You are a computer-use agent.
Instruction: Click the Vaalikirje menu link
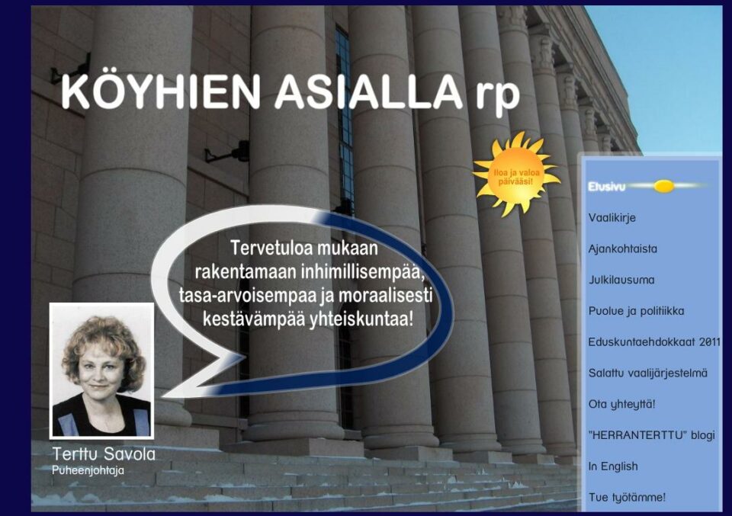[x=612, y=218]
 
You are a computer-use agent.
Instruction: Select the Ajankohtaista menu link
[x=623, y=248]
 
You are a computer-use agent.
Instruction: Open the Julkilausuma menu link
[x=621, y=280]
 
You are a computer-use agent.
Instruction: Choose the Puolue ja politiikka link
[x=636, y=311]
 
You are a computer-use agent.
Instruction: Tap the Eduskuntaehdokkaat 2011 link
[x=654, y=342]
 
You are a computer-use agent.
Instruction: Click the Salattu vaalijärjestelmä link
[x=648, y=373]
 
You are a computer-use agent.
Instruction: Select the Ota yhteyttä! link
[x=622, y=404]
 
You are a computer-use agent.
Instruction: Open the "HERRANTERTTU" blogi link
[x=652, y=435]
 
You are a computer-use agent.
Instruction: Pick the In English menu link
[x=613, y=466]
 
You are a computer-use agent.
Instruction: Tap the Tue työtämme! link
[x=627, y=498]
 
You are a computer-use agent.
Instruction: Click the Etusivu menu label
[x=606, y=187]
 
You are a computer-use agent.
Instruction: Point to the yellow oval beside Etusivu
[x=664, y=187]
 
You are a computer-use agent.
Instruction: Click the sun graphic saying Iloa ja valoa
[x=516, y=176]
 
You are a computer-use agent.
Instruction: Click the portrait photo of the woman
[x=101, y=371]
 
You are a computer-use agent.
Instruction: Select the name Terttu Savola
[x=104, y=454]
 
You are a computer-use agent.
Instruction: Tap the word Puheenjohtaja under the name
[x=88, y=470]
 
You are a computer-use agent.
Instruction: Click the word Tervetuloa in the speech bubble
[x=265, y=248]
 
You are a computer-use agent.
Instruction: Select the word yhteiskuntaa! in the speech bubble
[x=361, y=320]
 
